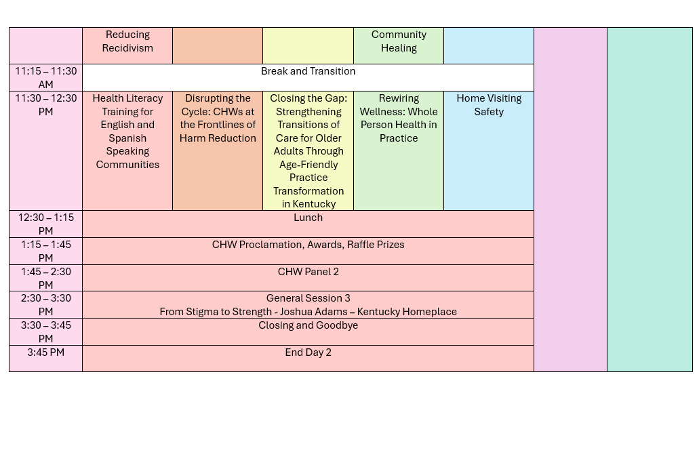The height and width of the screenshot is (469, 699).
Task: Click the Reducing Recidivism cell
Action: (x=127, y=45)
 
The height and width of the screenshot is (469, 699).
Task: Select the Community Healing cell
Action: (x=399, y=45)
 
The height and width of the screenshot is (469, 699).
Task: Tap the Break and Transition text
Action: (x=308, y=71)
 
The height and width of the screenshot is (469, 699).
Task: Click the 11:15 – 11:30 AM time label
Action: (x=46, y=77)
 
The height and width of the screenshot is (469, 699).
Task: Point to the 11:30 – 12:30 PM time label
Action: (x=46, y=105)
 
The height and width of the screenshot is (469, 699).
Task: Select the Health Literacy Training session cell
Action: (x=127, y=150)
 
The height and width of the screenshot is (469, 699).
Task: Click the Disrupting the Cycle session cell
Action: (x=218, y=150)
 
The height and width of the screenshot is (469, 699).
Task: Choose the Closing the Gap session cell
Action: (x=308, y=150)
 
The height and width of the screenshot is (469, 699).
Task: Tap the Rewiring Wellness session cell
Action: (x=399, y=150)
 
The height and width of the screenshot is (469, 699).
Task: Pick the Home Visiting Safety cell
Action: (x=489, y=150)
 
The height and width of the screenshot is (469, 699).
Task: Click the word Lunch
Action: (x=308, y=218)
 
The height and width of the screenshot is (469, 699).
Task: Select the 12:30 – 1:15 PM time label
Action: (x=46, y=224)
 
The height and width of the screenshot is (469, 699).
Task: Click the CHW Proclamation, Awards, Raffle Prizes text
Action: (x=308, y=245)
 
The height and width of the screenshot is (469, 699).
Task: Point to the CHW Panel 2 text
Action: (x=308, y=272)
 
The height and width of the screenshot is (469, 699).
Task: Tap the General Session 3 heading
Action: (x=308, y=298)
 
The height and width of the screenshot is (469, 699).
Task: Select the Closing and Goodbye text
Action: (x=308, y=325)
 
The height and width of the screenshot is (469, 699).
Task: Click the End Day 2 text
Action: (x=308, y=352)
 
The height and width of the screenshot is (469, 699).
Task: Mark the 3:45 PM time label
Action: (x=46, y=352)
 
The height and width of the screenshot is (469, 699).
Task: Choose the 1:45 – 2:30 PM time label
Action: (x=46, y=278)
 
